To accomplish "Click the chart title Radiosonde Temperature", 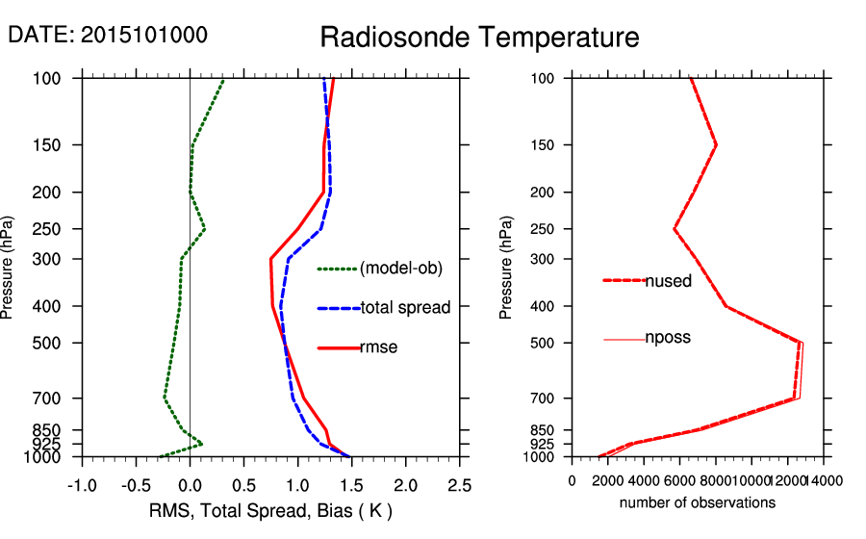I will coord(479,38).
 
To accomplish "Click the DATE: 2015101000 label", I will coord(108,35).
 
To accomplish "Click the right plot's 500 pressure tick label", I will coord(545,343).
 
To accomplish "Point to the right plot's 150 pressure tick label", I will coord(545,145).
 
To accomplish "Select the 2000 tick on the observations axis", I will coord(608,481).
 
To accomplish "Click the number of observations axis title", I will coord(698,502).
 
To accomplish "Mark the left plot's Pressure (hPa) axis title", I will coord(9,268).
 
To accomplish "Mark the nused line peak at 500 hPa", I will coord(800,343).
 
